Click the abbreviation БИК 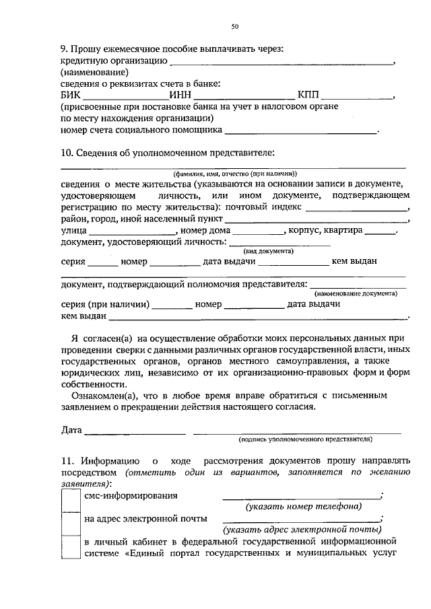pos(71,96)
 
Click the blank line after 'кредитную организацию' pos(282,63)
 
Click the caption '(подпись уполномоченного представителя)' pos(305,439)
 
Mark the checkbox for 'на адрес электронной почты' pos(70,522)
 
